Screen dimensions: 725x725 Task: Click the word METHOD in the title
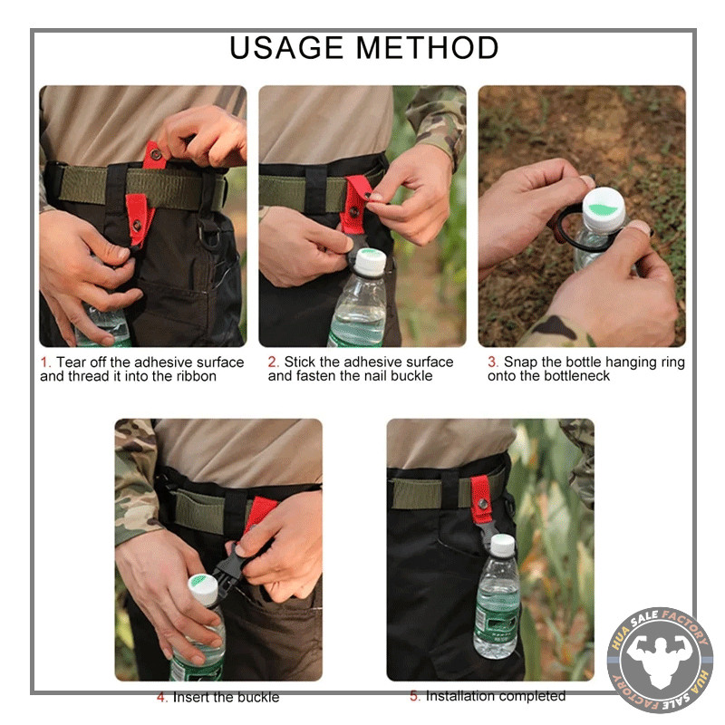(x=427, y=48)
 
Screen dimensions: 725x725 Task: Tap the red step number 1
(x=44, y=362)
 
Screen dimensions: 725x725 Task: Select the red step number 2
(x=273, y=362)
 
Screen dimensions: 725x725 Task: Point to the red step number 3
(x=492, y=362)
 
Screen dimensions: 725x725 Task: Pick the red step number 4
(x=161, y=697)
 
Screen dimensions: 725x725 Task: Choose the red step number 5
(x=415, y=695)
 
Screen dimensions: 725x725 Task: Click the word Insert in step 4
(x=191, y=697)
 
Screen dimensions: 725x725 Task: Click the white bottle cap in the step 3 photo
(x=604, y=209)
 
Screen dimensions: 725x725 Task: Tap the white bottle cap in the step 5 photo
(x=502, y=545)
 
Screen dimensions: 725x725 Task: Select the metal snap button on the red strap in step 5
(x=483, y=504)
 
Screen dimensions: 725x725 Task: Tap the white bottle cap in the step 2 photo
(x=371, y=263)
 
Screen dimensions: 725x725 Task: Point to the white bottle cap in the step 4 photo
(x=203, y=589)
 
